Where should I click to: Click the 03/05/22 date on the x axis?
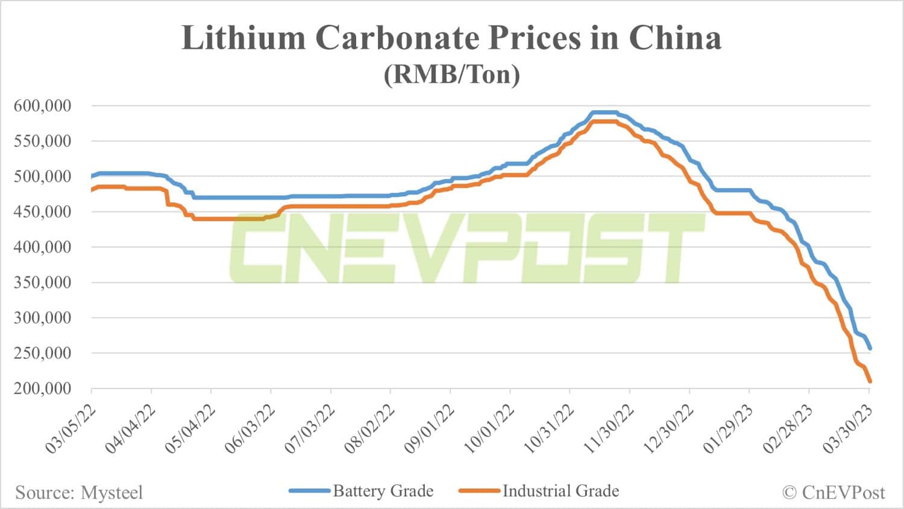click(71, 430)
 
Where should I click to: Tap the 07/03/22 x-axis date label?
click(310, 430)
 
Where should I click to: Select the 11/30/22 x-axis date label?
click(609, 430)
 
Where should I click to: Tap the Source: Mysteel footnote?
click(79, 493)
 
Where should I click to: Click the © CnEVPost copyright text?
click(833, 493)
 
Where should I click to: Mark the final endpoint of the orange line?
click(870, 381)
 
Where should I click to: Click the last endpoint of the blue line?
click(870, 348)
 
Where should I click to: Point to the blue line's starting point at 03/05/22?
click(92, 176)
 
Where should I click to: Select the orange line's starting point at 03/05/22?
click(92, 190)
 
